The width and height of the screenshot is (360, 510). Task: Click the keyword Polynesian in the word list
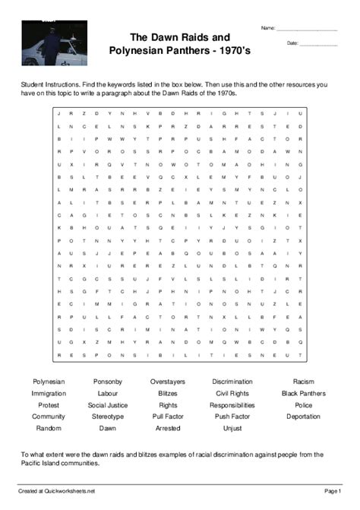(x=49, y=382)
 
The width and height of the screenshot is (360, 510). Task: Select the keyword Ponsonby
(x=108, y=382)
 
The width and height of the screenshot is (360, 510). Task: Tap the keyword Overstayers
(x=167, y=382)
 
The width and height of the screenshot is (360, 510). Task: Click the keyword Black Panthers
(x=303, y=393)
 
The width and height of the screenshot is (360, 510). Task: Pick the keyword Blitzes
(x=167, y=393)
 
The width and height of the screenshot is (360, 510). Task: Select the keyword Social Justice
(x=108, y=405)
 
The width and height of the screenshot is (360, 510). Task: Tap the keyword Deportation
(x=303, y=417)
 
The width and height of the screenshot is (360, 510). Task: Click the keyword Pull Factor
(x=167, y=417)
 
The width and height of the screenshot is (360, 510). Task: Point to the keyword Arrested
(x=167, y=428)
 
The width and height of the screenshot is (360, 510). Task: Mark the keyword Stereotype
(x=108, y=417)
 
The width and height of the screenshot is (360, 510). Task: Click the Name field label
(x=268, y=28)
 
